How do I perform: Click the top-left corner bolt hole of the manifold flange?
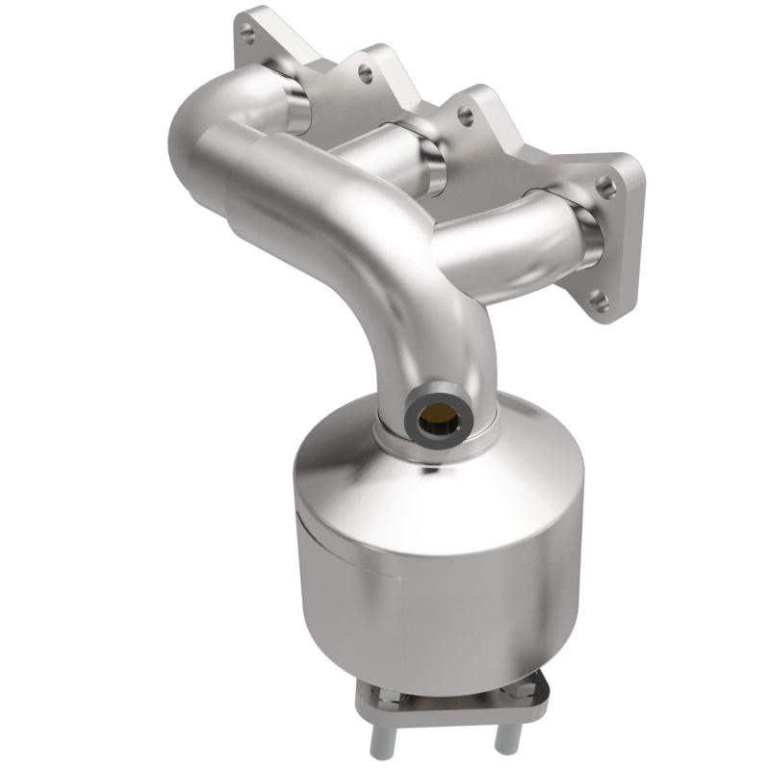(x=249, y=36)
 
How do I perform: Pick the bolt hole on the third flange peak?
(x=466, y=115)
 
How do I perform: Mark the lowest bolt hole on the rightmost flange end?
(x=600, y=300)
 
